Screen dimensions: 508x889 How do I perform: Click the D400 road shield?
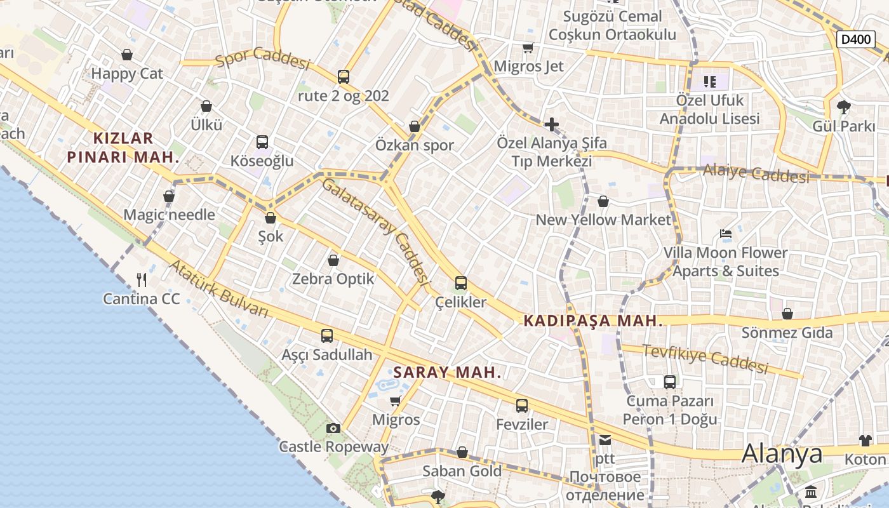[855, 39]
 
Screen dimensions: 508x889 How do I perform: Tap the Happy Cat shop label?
[127, 74]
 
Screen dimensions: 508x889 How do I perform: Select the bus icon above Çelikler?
[461, 283]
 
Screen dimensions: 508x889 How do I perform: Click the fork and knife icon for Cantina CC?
[142, 279]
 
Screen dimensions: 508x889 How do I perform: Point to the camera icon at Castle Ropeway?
[333, 429]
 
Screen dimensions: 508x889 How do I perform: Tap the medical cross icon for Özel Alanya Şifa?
[551, 124]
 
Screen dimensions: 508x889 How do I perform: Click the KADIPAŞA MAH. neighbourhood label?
[593, 321]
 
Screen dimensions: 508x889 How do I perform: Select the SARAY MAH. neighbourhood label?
[447, 373]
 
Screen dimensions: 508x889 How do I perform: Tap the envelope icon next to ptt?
[605, 439]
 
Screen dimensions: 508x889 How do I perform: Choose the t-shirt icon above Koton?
[865, 441]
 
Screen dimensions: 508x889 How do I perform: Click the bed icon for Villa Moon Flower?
[726, 234]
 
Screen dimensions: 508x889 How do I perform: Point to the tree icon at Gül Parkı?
[844, 107]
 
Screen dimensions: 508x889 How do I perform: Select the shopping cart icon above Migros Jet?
[528, 48]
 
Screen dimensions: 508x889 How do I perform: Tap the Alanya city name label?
[782, 453]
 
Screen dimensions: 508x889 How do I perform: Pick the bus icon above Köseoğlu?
[262, 142]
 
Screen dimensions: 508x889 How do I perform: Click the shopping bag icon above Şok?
[271, 218]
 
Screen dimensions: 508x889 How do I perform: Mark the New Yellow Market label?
[603, 220]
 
